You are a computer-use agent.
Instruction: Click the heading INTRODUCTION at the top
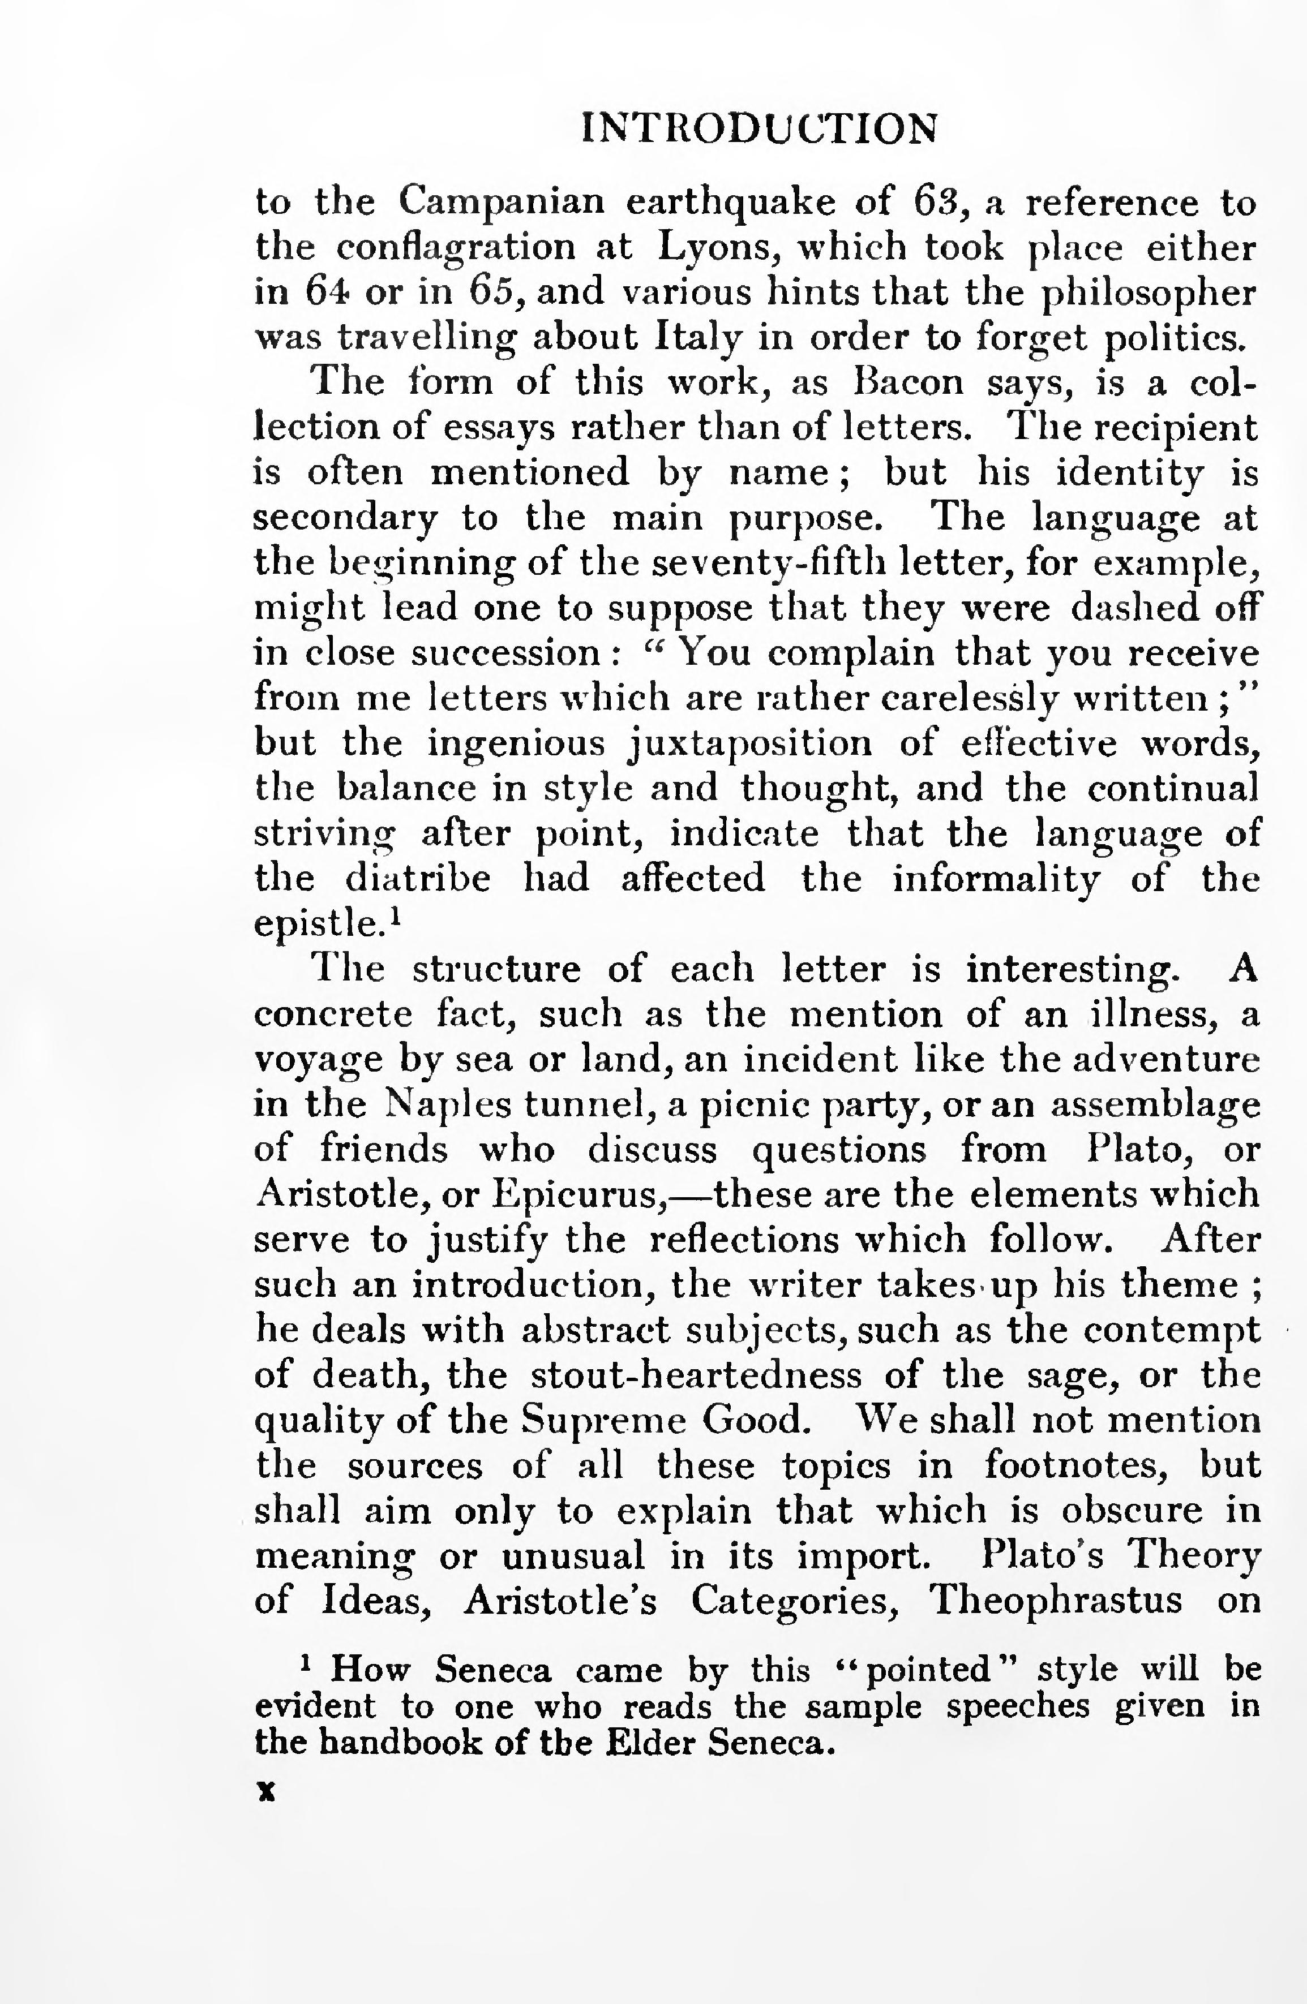click(759, 129)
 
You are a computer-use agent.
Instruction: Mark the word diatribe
click(418, 878)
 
